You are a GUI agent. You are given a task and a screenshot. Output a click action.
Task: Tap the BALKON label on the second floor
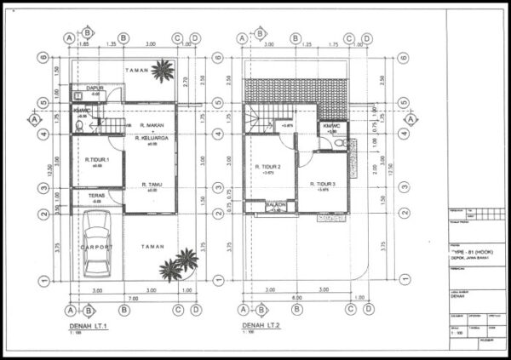pos(275,205)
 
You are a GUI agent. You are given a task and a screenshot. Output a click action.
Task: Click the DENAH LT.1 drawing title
pos(89,326)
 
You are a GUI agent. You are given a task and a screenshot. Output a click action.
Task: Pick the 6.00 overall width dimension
pos(295,299)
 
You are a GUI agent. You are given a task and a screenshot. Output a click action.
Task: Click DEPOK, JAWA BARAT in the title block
pos(471,258)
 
